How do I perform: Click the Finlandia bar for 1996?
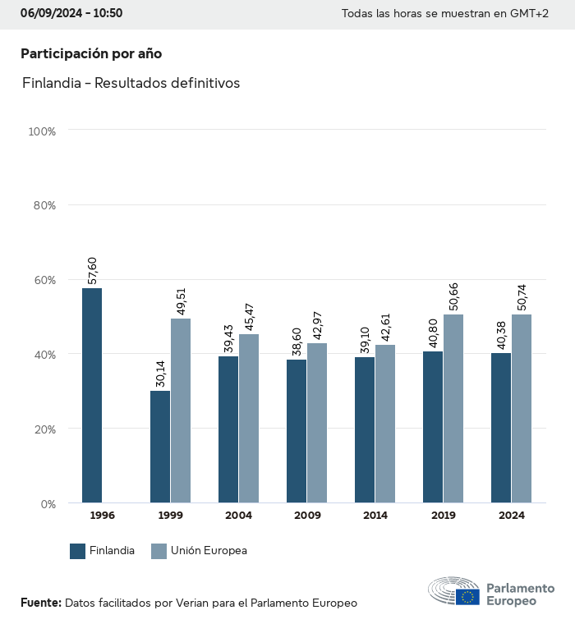pyautogui.click(x=92, y=395)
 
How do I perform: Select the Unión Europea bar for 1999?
pyautogui.click(x=181, y=411)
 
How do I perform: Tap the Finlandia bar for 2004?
pyautogui.click(x=228, y=429)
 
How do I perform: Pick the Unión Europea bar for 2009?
pyautogui.click(x=317, y=423)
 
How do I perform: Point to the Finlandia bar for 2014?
pyautogui.click(x=365, y=429)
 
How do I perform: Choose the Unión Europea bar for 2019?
pyautogui.click(x=453, y=408)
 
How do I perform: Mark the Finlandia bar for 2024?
pyautogui.click(x=501, y=428)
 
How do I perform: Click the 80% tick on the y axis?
pyautogui.click(x=44, y=205)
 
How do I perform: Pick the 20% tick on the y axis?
pyautogui.click(x=44, y=429)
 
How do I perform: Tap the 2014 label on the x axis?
pyautogui.click(x=375, y=516)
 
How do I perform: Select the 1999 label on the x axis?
pyautogui.click(x=170, y=516)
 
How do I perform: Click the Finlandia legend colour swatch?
pyautogui.click(x=78, y=551)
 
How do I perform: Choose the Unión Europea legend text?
pyautogui.click(x=209, y=551)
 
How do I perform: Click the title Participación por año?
pyautogui.click(x=91, y=53)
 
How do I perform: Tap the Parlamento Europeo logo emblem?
pyautogui.click(x=453, y=591)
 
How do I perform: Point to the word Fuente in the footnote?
pyautogui.click(x=41, y=603)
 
